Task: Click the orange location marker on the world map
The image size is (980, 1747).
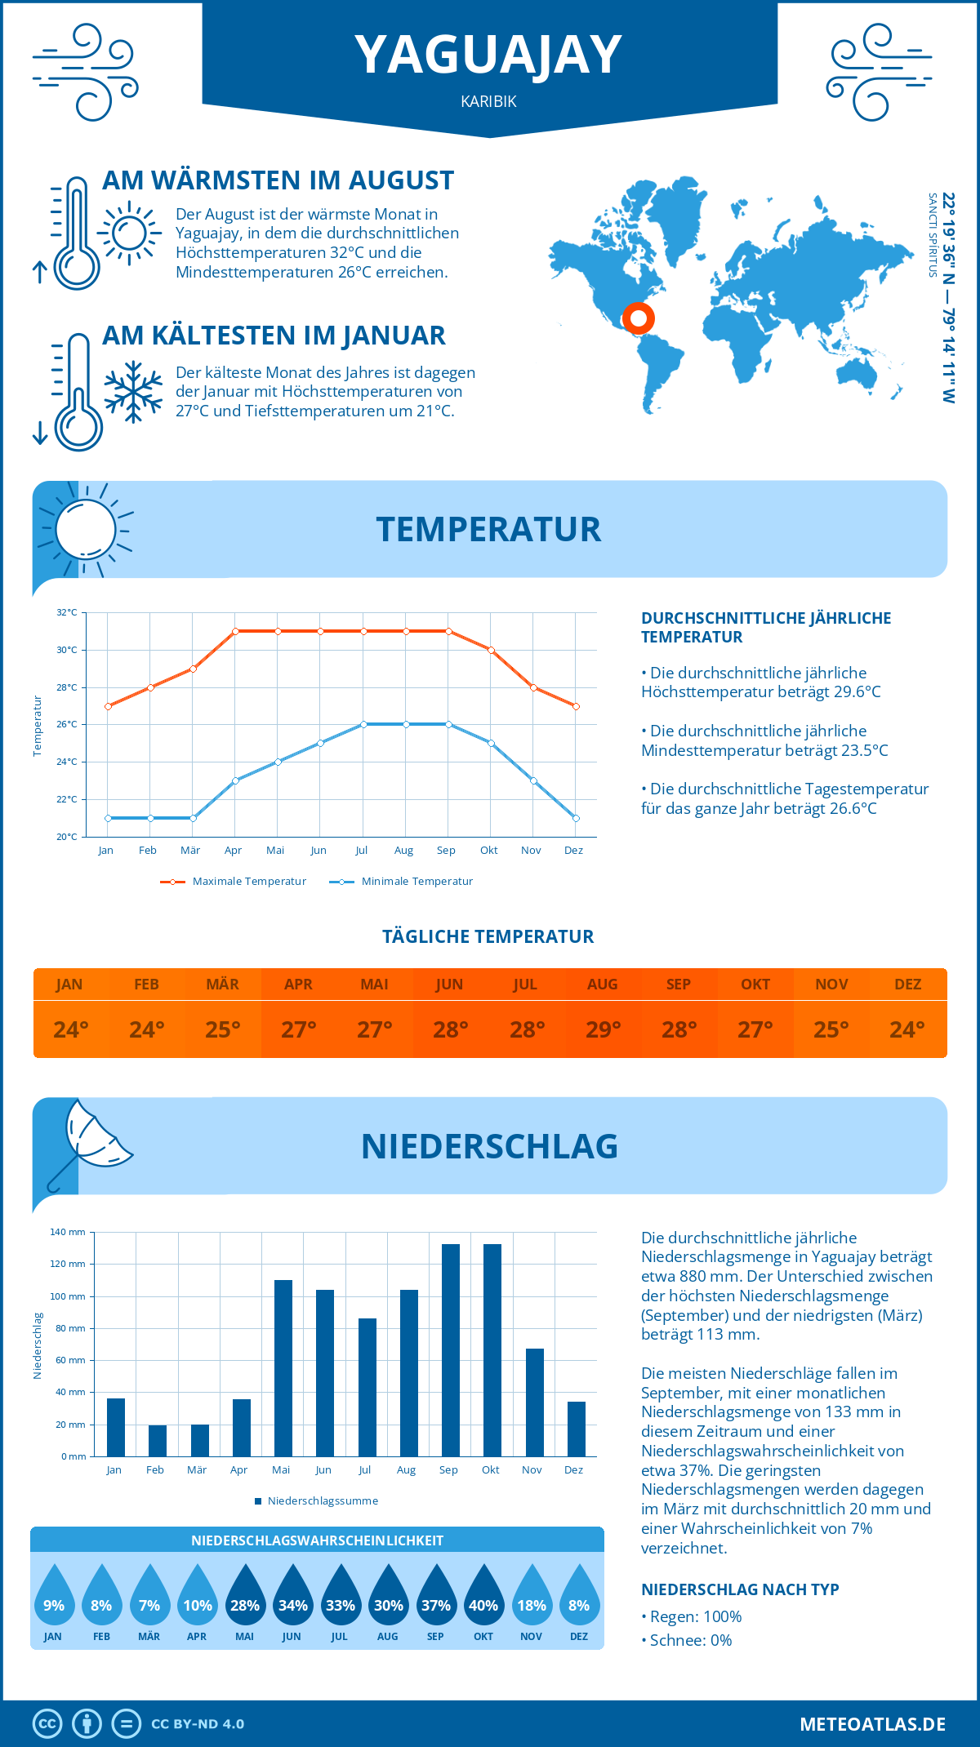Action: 638,318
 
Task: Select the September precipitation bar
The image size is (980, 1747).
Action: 451,1350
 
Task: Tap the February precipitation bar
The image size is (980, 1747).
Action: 158,1441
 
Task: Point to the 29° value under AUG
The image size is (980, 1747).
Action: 603,1029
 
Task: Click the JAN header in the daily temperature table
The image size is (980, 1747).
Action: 69,985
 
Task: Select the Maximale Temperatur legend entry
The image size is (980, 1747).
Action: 234,882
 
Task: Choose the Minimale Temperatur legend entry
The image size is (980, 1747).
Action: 402,882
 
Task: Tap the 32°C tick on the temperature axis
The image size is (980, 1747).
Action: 67,612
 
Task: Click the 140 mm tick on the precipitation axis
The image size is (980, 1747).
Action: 69,1232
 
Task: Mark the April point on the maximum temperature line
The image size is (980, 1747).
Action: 235,631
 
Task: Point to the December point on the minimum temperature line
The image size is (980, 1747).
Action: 576,818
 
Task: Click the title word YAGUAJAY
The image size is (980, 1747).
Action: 488,56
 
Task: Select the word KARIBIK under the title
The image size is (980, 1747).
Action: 488,102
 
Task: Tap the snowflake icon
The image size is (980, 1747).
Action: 133,391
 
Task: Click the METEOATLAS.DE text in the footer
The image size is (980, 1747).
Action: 872,1724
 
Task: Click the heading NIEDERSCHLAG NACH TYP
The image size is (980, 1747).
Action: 740,1589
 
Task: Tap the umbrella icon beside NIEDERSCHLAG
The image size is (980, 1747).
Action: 88,1140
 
